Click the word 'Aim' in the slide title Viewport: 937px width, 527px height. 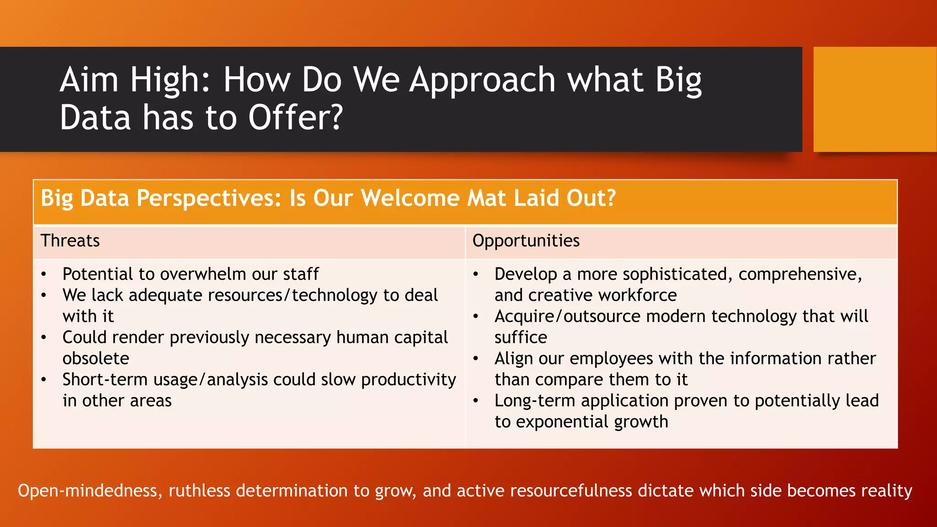[x=89, y=80]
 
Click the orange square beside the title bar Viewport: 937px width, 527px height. [x=874, y=99]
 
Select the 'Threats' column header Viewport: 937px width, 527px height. [x=70, y=241]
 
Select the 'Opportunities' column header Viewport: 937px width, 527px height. [x=526, y=241]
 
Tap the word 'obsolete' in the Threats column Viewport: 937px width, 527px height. [x=96, y=358]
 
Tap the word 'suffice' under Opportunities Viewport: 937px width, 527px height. [x=521, y=338]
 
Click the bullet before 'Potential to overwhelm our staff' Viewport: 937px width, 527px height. [x=43, y=274]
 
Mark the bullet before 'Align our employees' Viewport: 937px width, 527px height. [x=476, y=359]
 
